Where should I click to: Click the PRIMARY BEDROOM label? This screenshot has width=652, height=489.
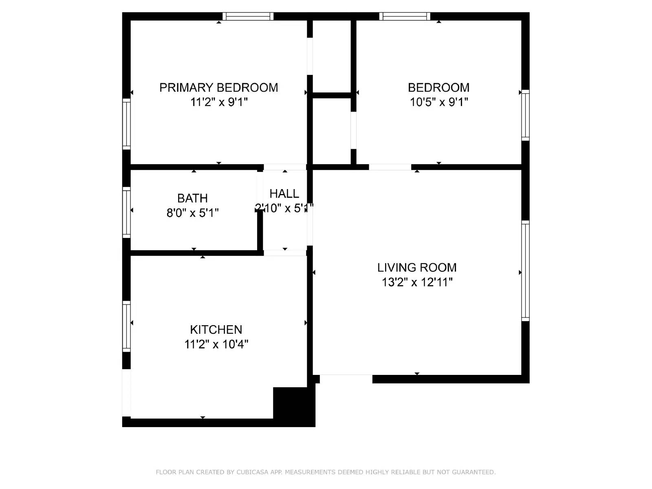(218, 88)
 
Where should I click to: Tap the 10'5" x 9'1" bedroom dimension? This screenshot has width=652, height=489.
(438, 102)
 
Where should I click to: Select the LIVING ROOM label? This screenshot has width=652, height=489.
(416, 268)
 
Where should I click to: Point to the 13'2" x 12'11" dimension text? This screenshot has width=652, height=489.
(417, 282)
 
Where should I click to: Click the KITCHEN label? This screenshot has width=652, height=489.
(216, 330)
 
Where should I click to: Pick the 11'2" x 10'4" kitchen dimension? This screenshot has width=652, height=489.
(216, 344)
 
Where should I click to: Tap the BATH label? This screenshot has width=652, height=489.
(192, 198)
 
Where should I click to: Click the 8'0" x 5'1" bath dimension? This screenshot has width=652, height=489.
(192, 213)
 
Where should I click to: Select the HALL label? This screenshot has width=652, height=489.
(284, 194)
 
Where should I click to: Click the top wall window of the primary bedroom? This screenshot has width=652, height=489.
(248, 16)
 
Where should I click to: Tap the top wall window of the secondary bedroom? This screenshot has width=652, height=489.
(405, 16)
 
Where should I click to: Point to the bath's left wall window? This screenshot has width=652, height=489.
(126, 212)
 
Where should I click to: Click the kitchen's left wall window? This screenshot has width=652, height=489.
(126, 326)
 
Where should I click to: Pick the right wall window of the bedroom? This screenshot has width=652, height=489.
(525, 115)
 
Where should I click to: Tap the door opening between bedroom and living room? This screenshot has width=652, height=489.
(390, 167)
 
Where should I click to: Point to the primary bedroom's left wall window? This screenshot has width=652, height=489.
(126, 124)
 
